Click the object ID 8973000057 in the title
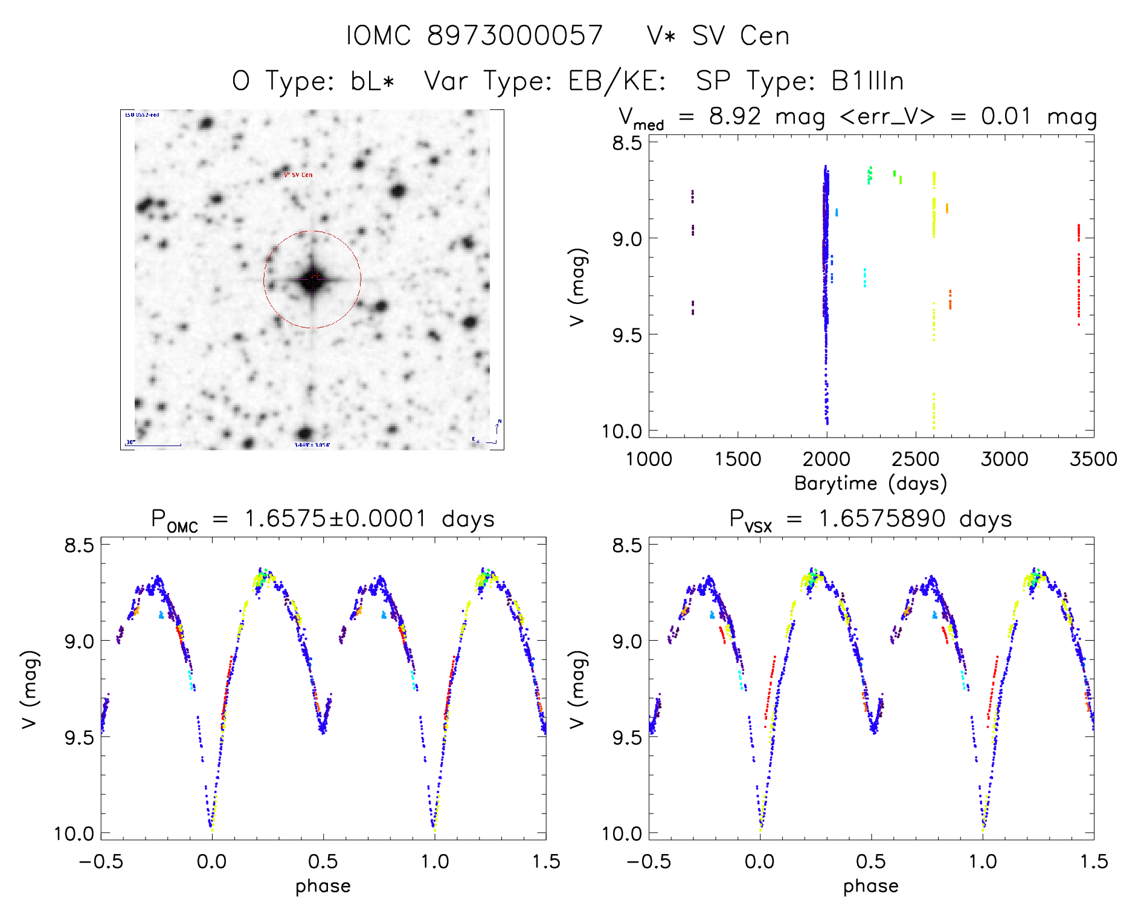515,36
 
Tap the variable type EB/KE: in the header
617,81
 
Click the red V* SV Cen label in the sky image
298,175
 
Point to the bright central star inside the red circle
313,279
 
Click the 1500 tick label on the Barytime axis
738,459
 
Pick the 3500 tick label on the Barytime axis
1093,459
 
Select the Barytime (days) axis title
870,484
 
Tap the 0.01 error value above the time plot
1005,116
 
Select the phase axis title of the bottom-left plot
323,886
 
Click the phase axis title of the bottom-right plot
870,886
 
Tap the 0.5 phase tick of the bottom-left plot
323,862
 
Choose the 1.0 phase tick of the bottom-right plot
983,862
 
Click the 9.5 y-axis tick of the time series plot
626,335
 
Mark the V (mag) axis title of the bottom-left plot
30,689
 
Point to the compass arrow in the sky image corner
497,428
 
